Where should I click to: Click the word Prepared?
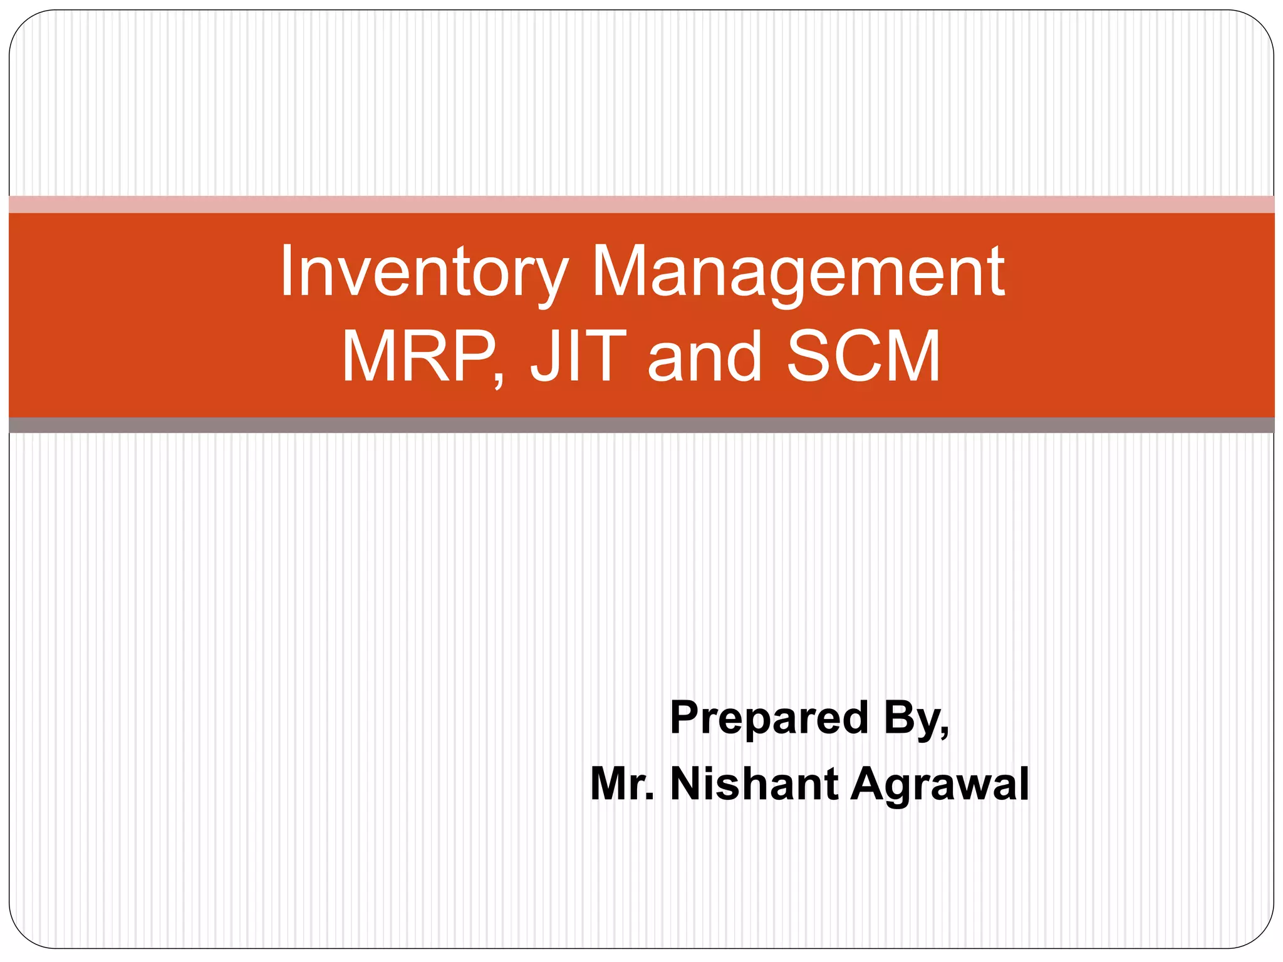769,718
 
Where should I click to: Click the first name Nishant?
754,784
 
